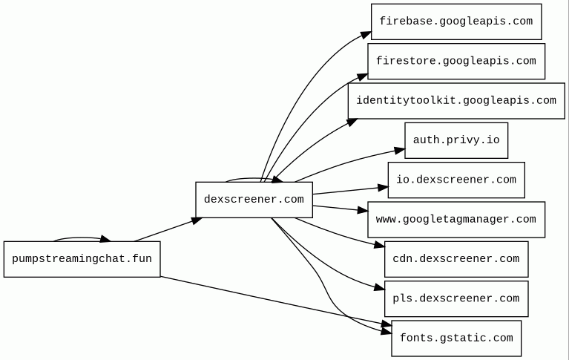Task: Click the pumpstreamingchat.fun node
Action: pos(82,259)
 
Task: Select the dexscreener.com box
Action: pos(254,200)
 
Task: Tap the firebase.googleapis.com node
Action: pos(456,22)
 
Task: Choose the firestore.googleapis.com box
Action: pos(456,61)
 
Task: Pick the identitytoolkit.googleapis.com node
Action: pos(456,100)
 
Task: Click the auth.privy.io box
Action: pos(456,140)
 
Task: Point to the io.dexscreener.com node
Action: pos(456,180)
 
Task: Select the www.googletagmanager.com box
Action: pos(456,220)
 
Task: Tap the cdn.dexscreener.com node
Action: pos(456,259)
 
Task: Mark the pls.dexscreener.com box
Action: pos(456,298)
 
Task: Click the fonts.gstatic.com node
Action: pos(456,338)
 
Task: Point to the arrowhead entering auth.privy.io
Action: pos(400,151)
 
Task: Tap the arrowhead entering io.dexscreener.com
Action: pos(383,188)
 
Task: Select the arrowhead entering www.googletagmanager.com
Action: pos(363,212)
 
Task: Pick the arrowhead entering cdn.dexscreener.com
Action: pos(380,245)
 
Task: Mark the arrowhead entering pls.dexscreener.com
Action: pos(380,288)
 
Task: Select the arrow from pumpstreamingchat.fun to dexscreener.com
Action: pos(168,229)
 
